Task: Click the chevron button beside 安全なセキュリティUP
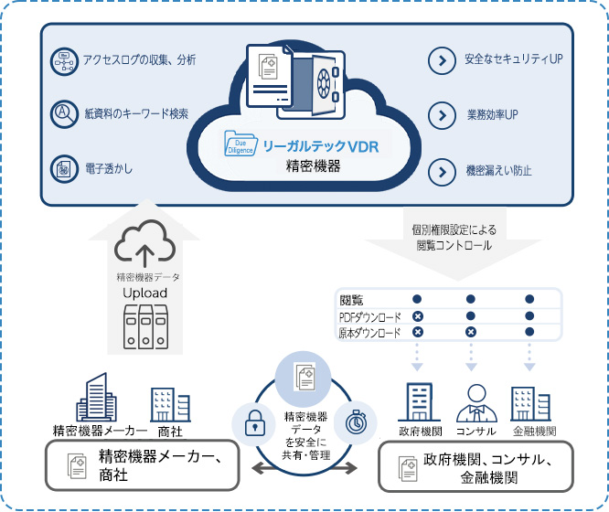[442, 60]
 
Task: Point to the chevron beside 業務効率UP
[442, 115]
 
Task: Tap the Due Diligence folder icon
[242, 144]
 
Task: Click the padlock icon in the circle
[253, 422]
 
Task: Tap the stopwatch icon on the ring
[355, 422]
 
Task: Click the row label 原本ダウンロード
[369, 334]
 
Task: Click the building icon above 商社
[169, 404]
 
